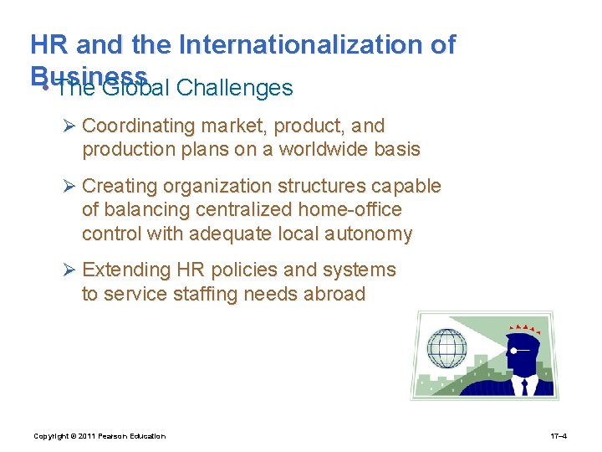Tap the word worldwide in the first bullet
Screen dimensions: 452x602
pos(327,151)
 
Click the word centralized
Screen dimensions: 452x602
pos(215,209)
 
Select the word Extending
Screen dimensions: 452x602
pos(125,270)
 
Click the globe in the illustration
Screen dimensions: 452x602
pos(446,347)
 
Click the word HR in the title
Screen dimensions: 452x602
pos(49,44)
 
